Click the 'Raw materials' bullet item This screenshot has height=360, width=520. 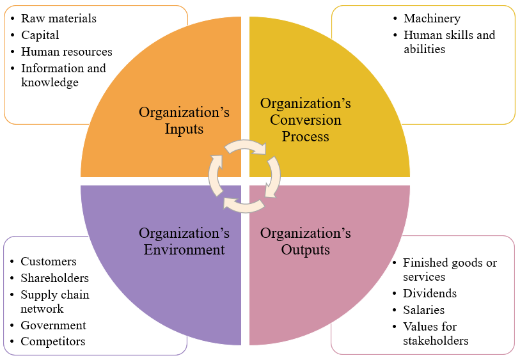click(x=58, y=19)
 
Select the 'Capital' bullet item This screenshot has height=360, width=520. click(x=40, y=35)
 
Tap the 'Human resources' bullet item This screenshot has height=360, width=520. click(x=67, y=52)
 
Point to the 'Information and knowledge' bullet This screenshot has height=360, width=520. click(x=63, y=75)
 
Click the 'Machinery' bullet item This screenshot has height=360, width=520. click(x=432, y=19)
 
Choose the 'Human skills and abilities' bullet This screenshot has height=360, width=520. click(x=449, y=42)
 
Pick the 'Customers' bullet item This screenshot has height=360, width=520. click(x=49, y=262)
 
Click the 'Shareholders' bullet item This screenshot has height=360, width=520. click(x=54, y=278)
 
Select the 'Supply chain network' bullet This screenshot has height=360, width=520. click(x=54, y=302)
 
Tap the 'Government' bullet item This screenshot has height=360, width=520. click(x=53, y=325)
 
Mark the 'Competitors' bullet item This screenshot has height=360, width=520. click(x=52, y=341)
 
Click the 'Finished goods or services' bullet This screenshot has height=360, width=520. click(x=449, y=270)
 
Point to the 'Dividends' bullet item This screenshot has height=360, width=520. click(x=430, y=293)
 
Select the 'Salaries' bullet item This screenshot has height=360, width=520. click(x=423, y=310)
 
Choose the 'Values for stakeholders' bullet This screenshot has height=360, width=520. click(x=435, y=334)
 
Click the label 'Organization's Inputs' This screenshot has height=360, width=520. click(x=184, y=120)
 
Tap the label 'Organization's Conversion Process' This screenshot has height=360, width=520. click(x=306, y=120)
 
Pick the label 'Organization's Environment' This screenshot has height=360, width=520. click(x=184, y=241)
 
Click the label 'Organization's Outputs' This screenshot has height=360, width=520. click(x=306, y=241)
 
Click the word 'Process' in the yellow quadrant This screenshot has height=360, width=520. click(x=306, y=136)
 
